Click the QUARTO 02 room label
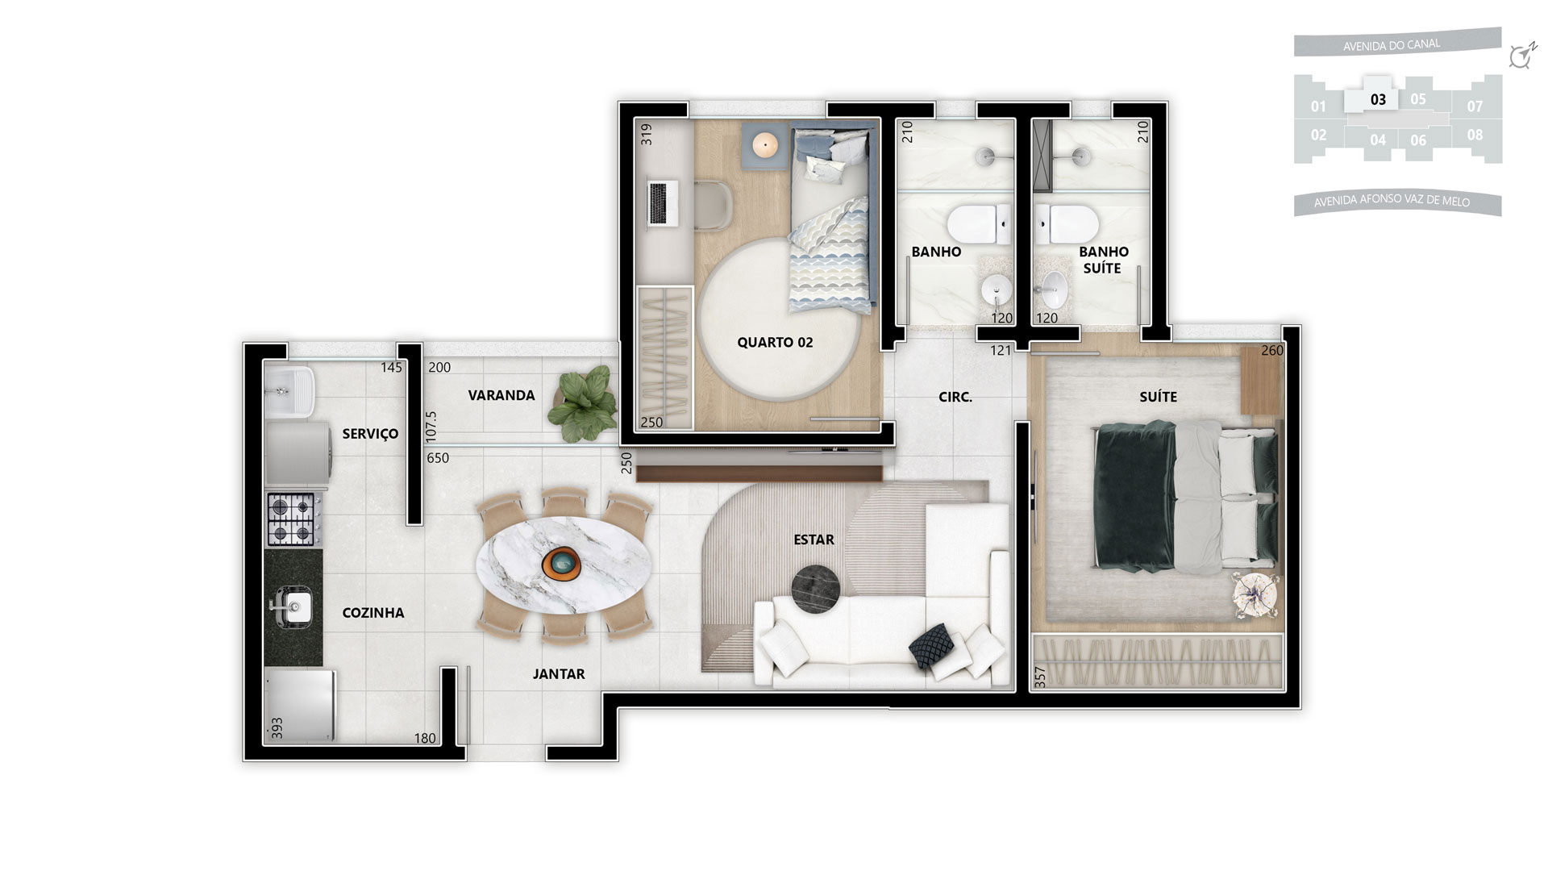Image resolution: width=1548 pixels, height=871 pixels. click(x=775, y=343)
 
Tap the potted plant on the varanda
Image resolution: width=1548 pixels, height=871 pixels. click(x=580, y=403)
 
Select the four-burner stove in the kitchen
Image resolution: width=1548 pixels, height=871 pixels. click(x=292, y=519)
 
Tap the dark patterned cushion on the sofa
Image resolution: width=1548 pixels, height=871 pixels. click(x=933, y=645)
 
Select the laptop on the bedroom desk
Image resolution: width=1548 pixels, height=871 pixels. click(x=663, y=202)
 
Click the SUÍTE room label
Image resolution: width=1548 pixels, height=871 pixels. click(x=1158, y=397)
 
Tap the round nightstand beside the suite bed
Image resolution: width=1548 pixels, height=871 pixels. click(x=1255, y=596)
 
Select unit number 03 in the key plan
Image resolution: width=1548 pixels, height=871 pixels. click(x=1378, y=100)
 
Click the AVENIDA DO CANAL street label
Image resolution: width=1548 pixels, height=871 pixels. click(x=1392, y=45)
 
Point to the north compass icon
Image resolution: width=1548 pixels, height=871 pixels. click(x=1521, y=56)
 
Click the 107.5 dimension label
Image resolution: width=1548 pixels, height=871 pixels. click(x=431, y=426)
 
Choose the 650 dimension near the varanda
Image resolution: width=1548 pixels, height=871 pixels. click(x=438, y=458)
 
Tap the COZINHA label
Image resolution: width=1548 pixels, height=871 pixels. click(x=373, y=613)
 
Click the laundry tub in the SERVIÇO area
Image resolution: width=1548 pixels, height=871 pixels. click(x=289, y=392)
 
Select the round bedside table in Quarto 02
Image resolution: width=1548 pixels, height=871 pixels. click(x=764, y=145)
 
